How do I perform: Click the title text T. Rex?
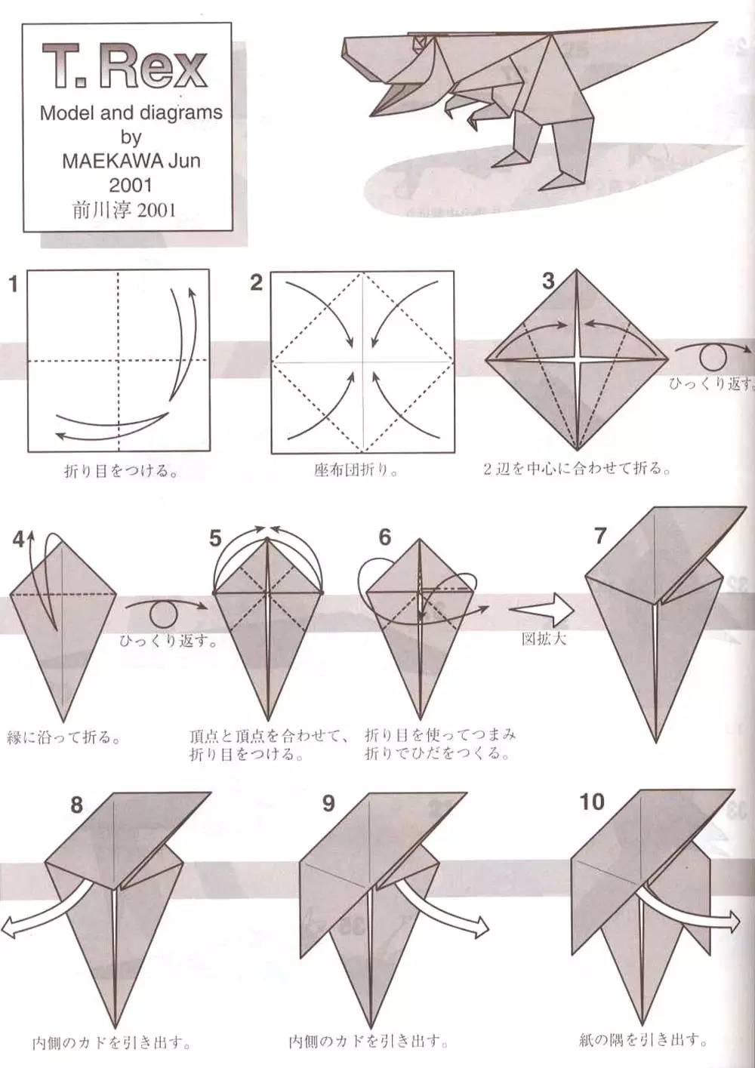125,66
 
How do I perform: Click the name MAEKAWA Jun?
131,161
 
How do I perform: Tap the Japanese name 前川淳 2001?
125,210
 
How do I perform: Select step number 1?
13,285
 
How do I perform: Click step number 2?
256,283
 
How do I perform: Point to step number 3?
548,281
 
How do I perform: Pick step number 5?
215,538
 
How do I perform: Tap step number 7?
600,537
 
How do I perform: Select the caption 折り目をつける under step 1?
121,471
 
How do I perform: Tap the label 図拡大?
544,639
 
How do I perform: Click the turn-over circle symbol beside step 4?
164,614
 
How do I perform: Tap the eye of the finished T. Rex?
419,43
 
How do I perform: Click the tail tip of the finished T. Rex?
716,23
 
